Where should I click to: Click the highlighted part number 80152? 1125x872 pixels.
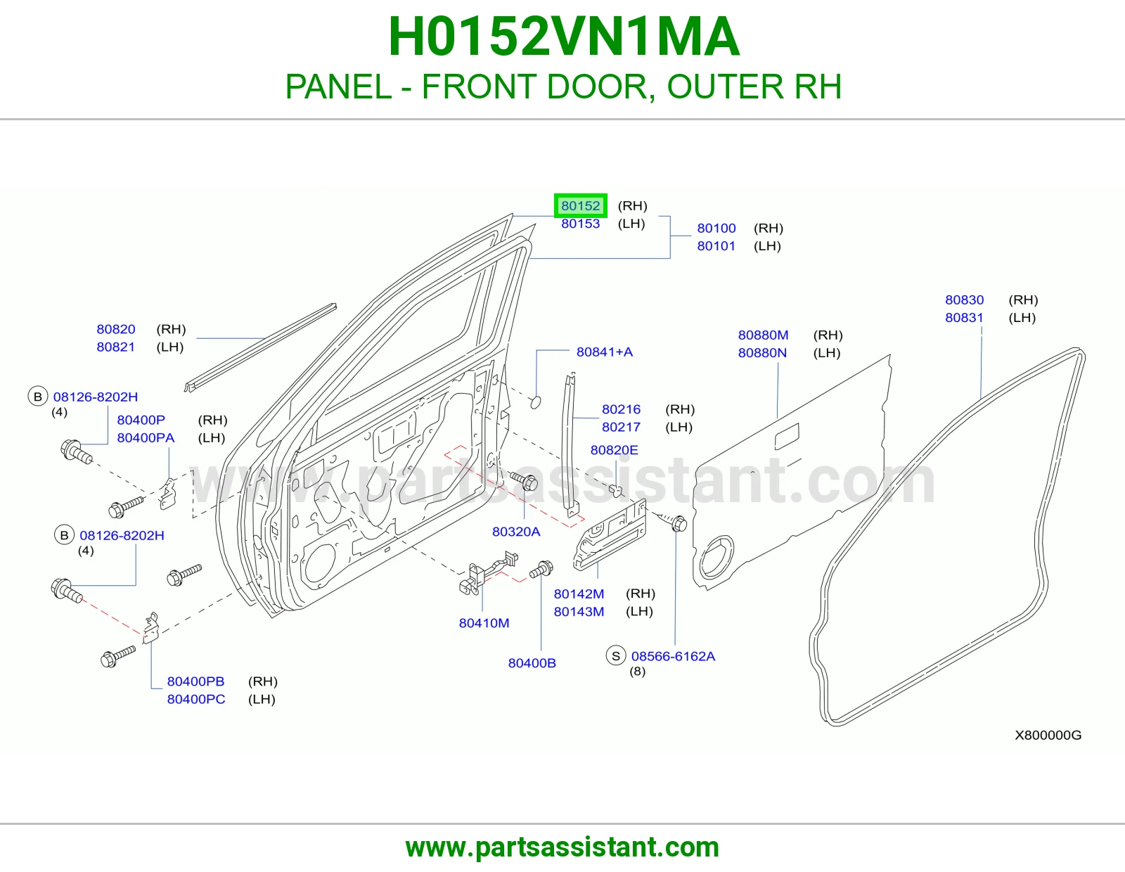pyautogui.click(x=580, y=205)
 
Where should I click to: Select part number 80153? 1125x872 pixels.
pyautogui.click(x=580, y=224)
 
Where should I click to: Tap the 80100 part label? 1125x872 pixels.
pyautogui.click(x=716, y=229)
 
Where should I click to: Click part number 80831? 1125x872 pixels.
pyautogui.click(x=964, y=317)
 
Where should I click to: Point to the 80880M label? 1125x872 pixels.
pyautogui.click(x=763, y=335)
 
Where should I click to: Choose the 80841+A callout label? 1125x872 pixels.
pyautogui.click(x=604, y=352)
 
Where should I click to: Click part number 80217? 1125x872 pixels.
pyautogui.click(x=621, y=427)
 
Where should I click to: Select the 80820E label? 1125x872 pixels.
pyautogui.click(x=614, y=450)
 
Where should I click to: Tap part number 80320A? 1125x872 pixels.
pyautogui.click(x=515, y=532)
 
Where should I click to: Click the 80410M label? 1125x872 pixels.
pyautogui.click(x=484, y=623)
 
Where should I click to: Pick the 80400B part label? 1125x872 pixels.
pyautogui.click(x=532, y=663)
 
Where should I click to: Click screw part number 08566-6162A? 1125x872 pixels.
pyautogui.click(x=673, y=656)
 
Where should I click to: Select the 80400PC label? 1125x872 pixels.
pyautogui.click(x=195, y=699)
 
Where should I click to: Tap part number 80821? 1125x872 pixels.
pyautogui.click(x=115, y=347)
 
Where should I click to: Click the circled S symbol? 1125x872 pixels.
pyautogui.click(x=615, y=656)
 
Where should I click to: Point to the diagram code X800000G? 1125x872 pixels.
pyautogui.click(x=1048, y=736)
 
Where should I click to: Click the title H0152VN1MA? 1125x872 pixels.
pyautogui.click(x=564, y=37)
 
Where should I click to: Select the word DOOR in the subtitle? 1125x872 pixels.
pyautogui.click(x=596, y=86)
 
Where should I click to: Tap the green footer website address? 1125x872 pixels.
pyautogui.click(x=562, y=847)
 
